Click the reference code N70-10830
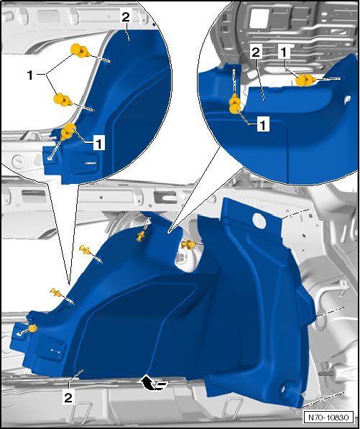click(328, 418)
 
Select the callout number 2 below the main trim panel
click(68, 397)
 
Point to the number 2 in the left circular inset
click(126, 17)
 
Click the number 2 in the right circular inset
click(256, 52)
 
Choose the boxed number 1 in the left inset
click(99, 143)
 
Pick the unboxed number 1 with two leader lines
click(31, 75)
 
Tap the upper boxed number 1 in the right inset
click(285, 52)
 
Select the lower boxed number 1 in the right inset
click(263, 124)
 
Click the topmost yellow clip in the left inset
click(80, 50)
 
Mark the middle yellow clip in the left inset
click(63, 100)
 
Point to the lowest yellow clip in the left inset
click(68, 132)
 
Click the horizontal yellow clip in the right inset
click(306, 80)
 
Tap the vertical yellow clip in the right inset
click(235, 103)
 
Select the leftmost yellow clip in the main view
click(32, 328)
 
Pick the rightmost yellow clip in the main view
click(188, 244)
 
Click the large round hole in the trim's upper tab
click(259, 221)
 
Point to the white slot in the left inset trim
click(91, 163)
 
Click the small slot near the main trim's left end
click(55, 351)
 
